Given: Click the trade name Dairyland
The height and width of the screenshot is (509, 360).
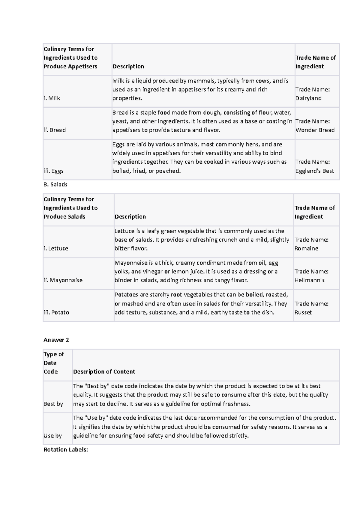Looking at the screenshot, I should point(308,98).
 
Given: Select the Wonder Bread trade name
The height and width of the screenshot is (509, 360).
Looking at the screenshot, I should point(315,130).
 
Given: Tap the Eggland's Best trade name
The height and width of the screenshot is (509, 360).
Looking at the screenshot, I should point(315,171).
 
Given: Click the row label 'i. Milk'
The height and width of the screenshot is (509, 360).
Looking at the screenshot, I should point(52,98).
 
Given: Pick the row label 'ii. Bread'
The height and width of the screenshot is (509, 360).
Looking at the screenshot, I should point(55,130).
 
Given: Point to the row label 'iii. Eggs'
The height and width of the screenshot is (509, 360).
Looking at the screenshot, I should point(53,171).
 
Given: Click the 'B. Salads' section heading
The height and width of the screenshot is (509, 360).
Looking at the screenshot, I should point(55,184).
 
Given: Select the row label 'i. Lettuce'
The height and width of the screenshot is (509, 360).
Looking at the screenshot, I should point(56,248).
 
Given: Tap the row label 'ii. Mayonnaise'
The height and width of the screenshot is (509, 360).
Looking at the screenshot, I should point(63,280).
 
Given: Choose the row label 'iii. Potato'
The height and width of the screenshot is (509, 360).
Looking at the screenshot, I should point(56,312).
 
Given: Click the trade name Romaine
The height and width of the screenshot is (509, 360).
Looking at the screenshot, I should point(306,248).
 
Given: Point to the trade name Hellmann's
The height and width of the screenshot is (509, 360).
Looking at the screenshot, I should point(309,280).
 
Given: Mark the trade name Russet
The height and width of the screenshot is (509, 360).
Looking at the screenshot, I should point(303,312).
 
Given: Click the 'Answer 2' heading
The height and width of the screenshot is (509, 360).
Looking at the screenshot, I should point(56,340).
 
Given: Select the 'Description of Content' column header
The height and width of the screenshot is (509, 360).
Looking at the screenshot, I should point(104,372).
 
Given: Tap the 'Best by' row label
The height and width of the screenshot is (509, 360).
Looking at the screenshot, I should point(53,404).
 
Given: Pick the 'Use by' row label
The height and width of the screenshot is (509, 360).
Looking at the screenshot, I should point(52,436).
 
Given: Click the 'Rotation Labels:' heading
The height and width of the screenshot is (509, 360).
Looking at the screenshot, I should point(66,449).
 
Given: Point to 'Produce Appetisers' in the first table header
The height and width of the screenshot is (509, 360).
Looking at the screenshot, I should point(70,66).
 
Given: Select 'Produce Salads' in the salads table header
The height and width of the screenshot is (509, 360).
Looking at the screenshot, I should point(64,216).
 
